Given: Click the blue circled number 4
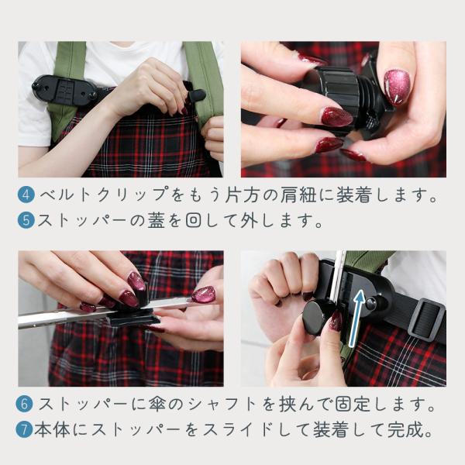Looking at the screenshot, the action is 26,195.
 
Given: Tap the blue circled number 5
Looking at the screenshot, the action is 26,221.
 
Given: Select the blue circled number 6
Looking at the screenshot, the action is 25,404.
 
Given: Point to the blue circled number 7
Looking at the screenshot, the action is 24,430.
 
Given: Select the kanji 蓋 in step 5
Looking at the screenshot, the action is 156,221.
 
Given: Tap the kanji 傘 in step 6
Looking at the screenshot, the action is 156,404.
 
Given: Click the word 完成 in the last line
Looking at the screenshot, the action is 405,430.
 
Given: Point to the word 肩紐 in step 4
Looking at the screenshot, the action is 298,195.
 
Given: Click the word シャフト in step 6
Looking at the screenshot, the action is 222,404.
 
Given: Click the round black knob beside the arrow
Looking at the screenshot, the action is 316,318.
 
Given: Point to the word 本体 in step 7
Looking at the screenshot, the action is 52,430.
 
